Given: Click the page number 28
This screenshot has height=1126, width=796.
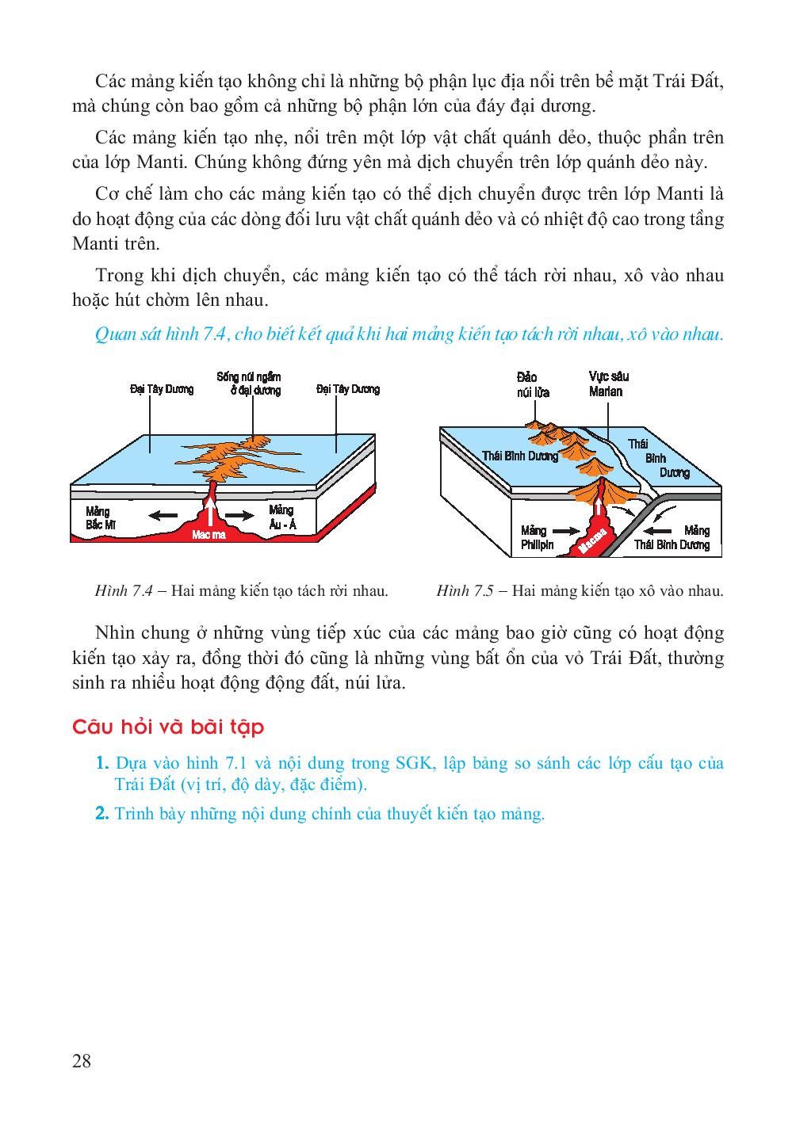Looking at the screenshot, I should tap(82, 1061).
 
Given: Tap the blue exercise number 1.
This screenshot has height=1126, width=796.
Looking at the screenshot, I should tap(101, 764).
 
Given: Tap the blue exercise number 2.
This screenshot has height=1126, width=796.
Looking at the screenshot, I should tap(101, 814).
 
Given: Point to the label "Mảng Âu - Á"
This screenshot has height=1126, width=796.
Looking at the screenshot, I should tap(281, 516).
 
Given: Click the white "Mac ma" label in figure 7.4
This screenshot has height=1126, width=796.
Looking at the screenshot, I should tap(209, 535).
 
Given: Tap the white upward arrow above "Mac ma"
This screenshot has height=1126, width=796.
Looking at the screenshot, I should tap(211, 511).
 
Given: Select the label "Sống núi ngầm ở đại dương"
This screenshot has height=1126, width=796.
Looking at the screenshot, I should tap(249, 384).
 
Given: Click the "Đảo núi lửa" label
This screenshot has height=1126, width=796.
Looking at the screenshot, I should tap(532, 384).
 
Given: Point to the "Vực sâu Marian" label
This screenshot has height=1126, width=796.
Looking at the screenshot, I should tap(607, 384).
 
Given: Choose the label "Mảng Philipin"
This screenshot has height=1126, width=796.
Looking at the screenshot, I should tap(537, 537).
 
